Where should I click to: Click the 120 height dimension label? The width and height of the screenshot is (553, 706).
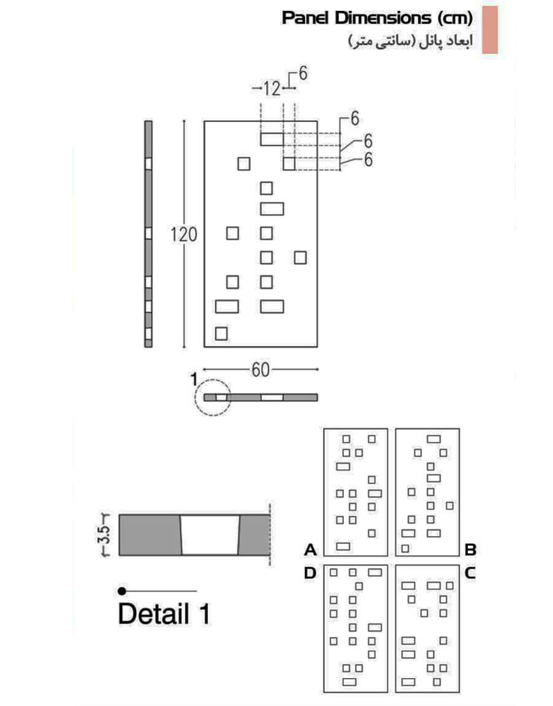coord(184,235)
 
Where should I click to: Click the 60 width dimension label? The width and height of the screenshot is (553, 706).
coord(261,370)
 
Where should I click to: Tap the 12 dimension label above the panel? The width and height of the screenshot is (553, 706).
coord(271,88)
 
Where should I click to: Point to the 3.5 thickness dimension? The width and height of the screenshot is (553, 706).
coord(104,535)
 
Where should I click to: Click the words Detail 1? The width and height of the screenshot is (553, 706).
coord(164,613)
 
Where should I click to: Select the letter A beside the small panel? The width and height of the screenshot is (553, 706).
coord(311,550)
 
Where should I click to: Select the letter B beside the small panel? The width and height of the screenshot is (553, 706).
coord(470,550)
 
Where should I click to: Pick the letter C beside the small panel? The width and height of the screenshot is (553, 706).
coord(470,573)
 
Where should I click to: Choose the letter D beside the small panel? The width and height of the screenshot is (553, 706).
coord(310,573)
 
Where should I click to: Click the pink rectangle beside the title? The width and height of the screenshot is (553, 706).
coord(490,30)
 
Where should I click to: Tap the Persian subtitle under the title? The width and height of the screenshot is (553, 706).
coord(411,42)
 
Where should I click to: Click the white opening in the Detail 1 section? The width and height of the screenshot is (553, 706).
coord(210,535)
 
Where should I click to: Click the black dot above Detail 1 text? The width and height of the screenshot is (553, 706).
coord(121,591)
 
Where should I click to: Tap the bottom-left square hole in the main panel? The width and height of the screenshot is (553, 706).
coord(221,334)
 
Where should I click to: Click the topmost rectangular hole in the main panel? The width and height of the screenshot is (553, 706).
coord(272,139)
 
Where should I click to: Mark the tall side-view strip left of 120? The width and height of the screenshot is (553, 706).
coord(148,234)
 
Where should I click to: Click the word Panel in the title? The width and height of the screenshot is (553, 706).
coord(306,18)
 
